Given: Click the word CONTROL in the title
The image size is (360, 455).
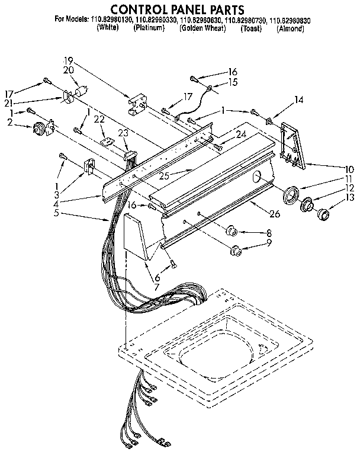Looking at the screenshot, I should (137, 9).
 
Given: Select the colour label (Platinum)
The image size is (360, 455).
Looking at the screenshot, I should (149, 28).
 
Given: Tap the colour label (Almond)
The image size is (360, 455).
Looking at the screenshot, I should (291, 28).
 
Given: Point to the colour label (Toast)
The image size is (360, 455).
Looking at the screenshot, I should (251, 28).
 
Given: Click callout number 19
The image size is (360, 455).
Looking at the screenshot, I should (69, 60).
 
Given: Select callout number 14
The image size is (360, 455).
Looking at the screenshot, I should (298, 100).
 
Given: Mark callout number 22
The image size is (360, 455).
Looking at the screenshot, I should (99, 118).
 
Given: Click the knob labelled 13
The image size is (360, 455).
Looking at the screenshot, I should (324, 214).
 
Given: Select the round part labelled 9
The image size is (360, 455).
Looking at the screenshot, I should (236, 251).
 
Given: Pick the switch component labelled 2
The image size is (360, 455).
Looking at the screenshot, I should (42, 127).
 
